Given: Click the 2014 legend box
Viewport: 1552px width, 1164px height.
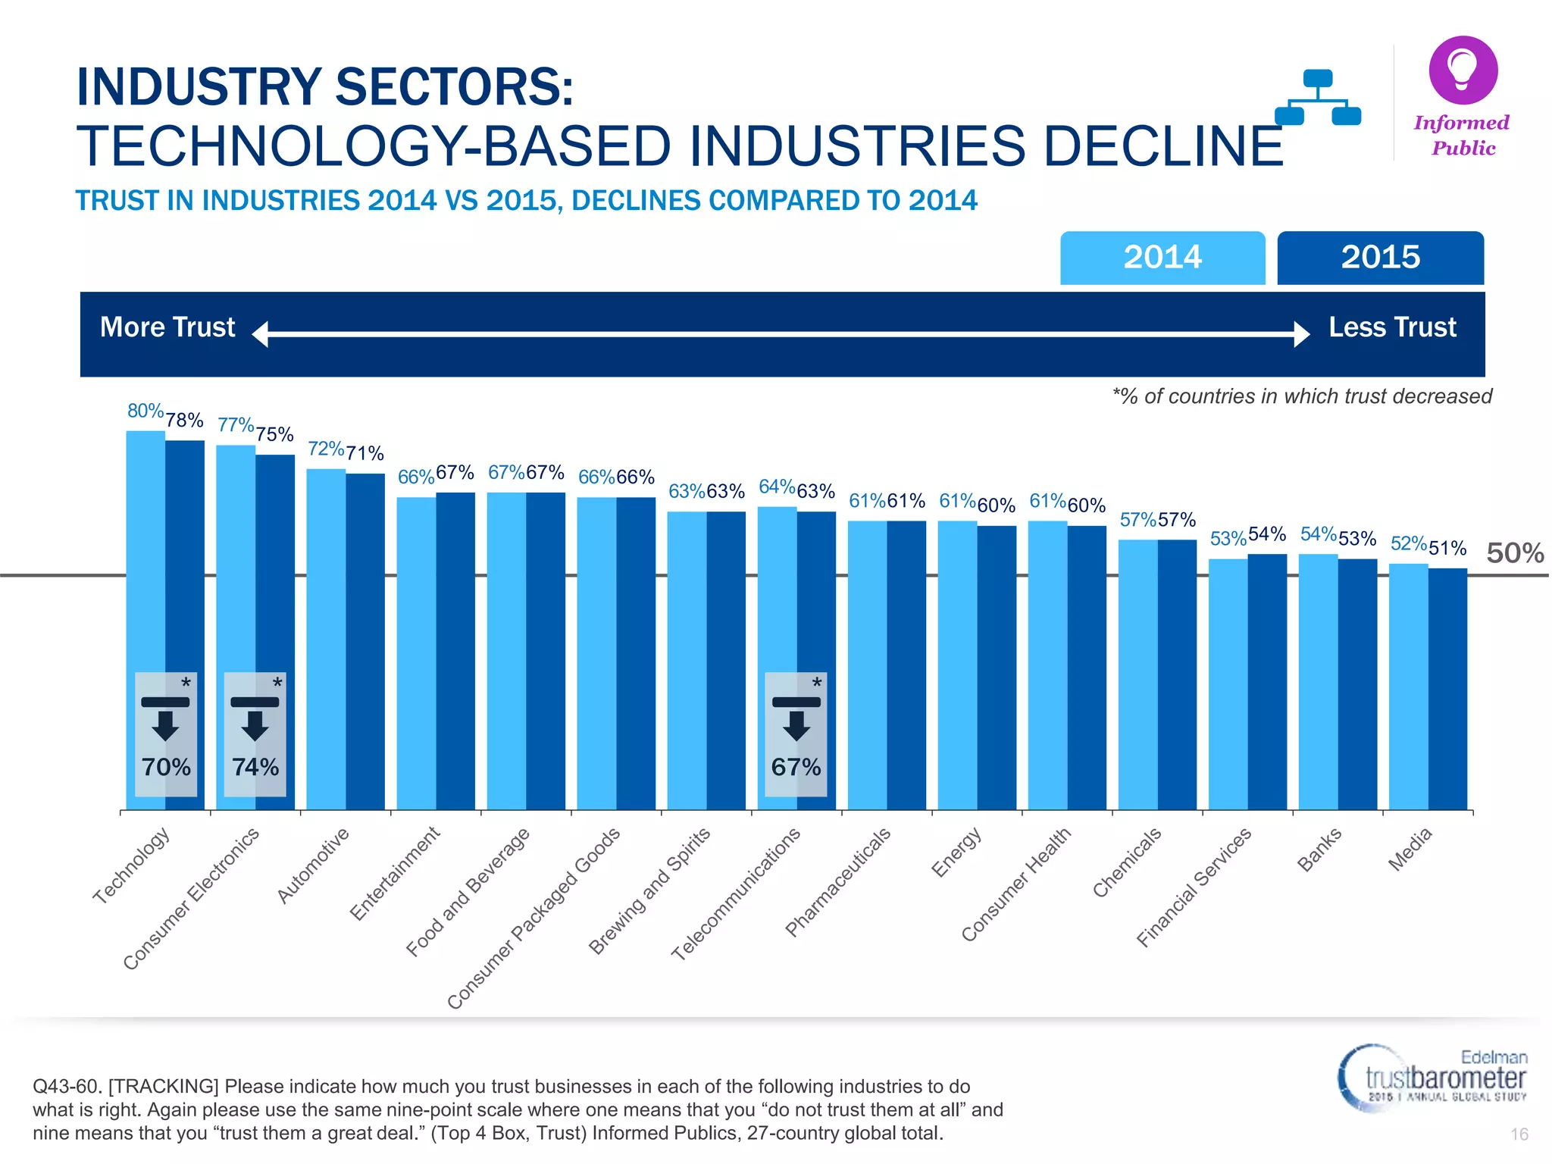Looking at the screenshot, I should pos(1162,258).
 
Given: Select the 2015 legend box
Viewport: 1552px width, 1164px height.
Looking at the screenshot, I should pos(1380,258).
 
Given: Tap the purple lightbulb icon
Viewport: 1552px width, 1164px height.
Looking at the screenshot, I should pos(1463,70).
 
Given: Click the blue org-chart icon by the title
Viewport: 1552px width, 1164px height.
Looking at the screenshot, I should pos(1318,99).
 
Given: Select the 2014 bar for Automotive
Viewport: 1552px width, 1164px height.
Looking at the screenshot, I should pos(326,637).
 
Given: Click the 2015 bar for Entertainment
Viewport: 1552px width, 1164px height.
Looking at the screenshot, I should pos(455,652).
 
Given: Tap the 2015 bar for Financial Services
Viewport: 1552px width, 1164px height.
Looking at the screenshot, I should pos(1267,682).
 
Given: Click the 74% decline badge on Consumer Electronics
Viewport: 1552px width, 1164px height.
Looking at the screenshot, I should pos(255,734).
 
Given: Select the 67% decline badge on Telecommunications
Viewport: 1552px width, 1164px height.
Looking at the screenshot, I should pos(796,734).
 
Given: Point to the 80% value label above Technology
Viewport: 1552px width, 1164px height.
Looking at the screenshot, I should pos(145,411).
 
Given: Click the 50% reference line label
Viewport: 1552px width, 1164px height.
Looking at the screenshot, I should pos(1515,553).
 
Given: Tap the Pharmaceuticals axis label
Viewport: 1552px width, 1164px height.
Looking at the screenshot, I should pos(837,883).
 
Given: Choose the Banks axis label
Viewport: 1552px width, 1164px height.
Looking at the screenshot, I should pos(1319,850).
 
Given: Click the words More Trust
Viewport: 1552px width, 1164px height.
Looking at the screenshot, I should pos(167,327).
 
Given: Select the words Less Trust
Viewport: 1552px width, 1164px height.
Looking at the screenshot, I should pos(1392,327).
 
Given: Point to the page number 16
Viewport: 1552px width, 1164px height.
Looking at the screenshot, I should pos(1519,1134).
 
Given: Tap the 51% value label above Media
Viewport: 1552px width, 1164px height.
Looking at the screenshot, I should pos(1447,548).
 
